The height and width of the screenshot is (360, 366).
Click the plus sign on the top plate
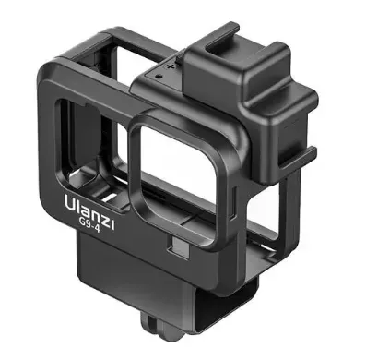click(x=170, y=66)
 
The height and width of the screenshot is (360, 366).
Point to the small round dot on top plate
click(x=158, y=76)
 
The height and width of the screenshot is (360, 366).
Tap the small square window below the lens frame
click(x=179, y=246)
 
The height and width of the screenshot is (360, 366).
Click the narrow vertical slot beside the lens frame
click(x=233, y=200)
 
